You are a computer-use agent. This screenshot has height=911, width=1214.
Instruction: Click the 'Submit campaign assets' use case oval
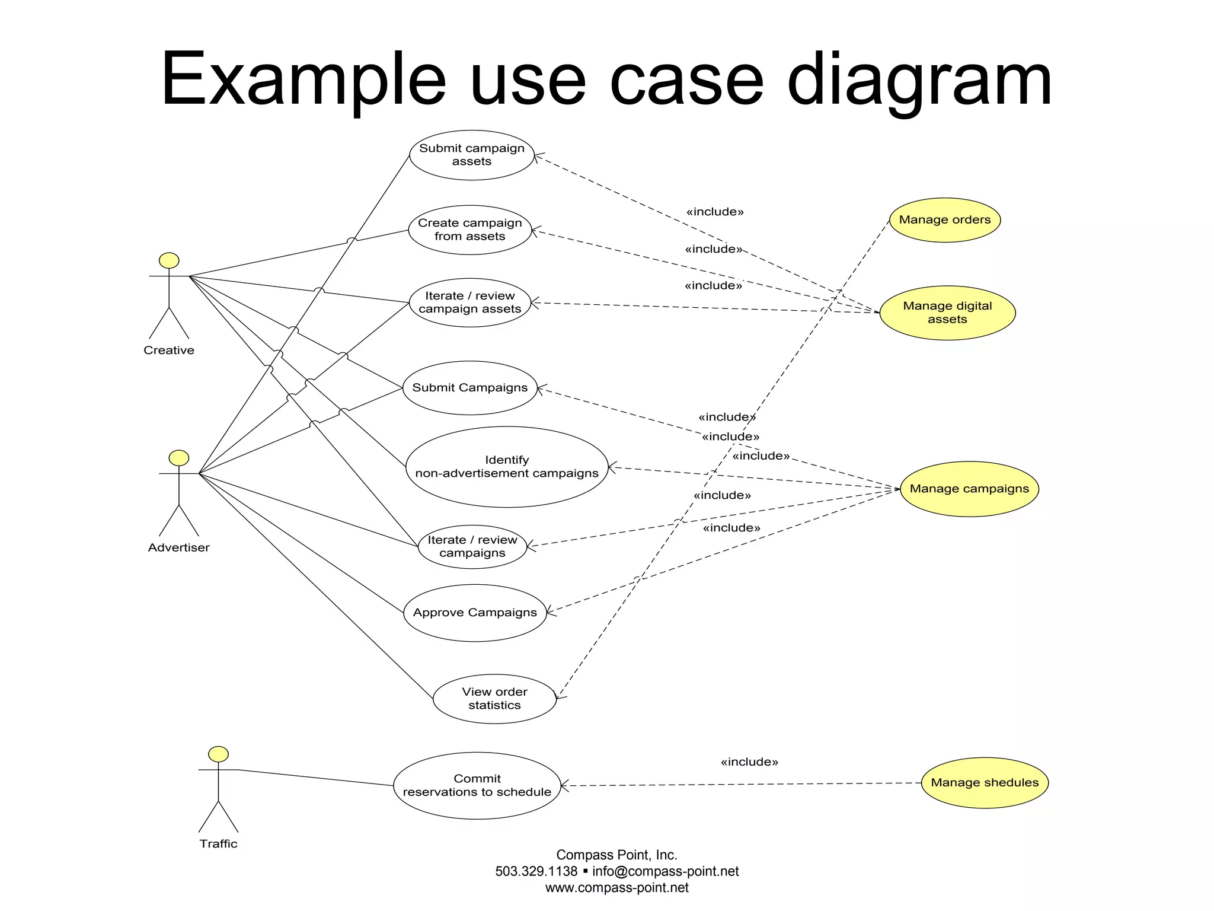tap(472, 155)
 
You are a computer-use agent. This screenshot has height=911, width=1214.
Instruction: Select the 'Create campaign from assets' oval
tap(469, 230)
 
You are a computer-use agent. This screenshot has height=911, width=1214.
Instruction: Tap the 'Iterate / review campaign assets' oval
tap(469, 302)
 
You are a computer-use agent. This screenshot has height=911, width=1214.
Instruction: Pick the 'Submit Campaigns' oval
tap(469, 388)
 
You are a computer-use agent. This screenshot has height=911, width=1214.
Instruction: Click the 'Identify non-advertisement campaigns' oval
tap(507, 467)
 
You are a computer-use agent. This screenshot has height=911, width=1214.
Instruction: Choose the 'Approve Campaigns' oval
tap(475, 613)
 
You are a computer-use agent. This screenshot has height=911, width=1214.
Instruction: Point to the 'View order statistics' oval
tap(494, 699)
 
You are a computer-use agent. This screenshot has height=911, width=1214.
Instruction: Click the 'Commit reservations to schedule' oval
tap(477, 785)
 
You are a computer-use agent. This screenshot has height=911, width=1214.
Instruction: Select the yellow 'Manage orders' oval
tap(944, 220)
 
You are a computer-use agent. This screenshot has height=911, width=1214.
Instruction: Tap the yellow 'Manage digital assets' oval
tap(947, 313)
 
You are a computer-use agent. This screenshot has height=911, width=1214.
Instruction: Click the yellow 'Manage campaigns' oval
tap(969, 489)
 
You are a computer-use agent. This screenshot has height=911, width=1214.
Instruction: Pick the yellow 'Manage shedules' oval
tap(985, 783)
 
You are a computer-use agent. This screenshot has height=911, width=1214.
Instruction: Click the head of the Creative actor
tap(169, 260)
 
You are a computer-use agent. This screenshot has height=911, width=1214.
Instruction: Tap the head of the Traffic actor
tap(218, 754)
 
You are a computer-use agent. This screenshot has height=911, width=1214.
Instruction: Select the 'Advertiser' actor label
tap(178, 547)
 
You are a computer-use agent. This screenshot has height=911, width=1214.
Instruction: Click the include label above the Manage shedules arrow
tap(749, 762)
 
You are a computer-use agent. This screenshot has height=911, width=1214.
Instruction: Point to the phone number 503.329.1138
tap(536, 871)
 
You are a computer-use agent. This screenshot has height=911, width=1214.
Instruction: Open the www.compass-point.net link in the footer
tap(616, 888)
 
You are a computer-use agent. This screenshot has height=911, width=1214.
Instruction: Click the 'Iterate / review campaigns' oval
tap(472, 546)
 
